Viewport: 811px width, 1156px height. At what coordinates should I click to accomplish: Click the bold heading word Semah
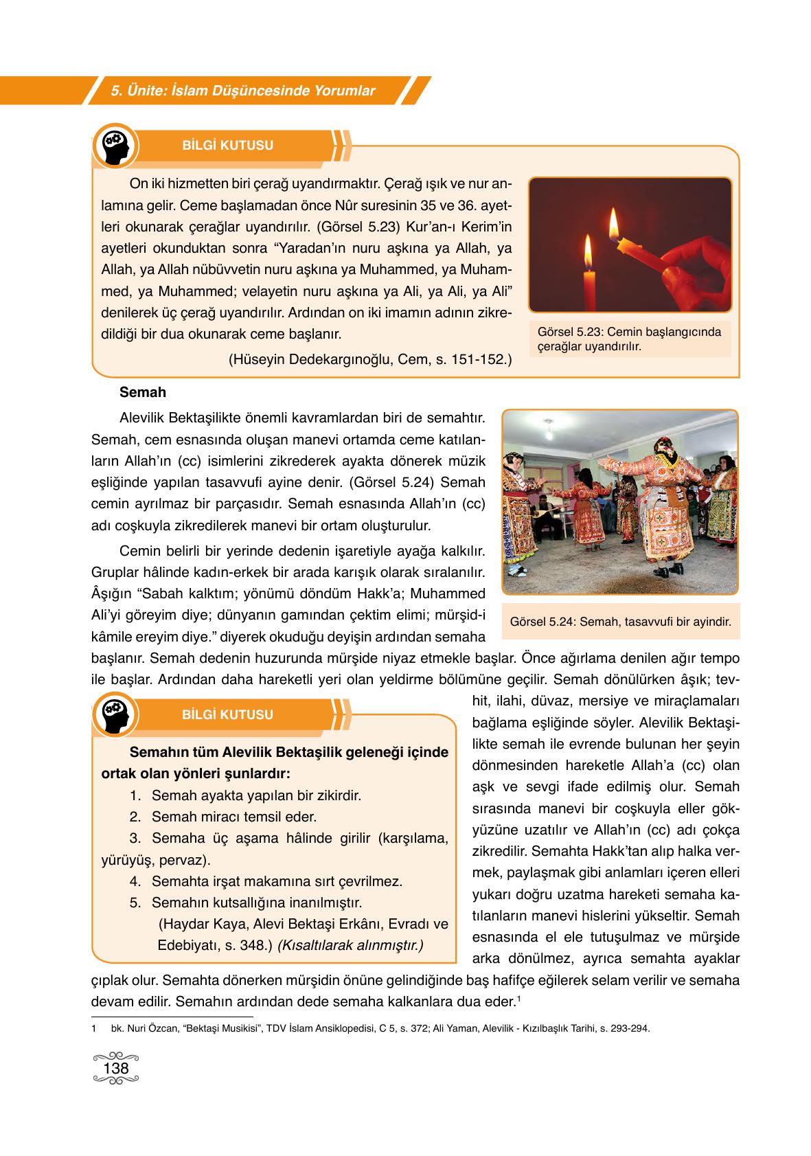142,393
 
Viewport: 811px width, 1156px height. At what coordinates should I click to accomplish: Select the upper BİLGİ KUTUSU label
227,146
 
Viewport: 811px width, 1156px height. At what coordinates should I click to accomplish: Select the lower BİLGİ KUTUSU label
227,714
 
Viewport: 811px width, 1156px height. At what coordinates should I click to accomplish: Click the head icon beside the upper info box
115,146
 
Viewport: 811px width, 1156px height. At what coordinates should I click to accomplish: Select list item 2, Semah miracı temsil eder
233,817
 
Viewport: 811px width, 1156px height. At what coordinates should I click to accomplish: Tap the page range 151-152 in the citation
477,359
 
